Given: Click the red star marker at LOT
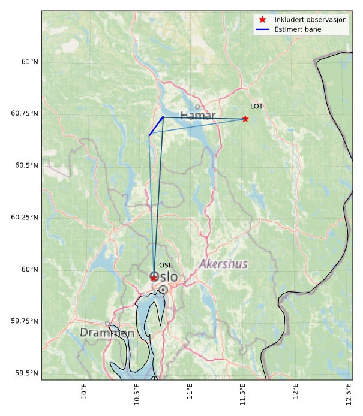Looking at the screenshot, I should (245, 119).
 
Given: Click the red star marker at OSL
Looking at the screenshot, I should (154, 278).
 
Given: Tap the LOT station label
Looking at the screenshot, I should (257, 107).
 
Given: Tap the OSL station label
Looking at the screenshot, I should (166, 265).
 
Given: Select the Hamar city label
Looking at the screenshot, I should (197, 115).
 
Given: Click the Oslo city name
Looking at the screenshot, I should (164, 277).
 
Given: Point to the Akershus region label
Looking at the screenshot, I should (223, 264).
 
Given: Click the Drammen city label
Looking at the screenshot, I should (107, 333).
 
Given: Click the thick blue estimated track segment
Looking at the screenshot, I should (156, 126).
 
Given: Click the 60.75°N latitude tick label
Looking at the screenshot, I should (23, 113).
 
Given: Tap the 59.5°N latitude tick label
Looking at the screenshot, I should (25, 373).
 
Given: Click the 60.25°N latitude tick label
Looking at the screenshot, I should (23, 217).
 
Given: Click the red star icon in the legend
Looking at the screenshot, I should (263, 20).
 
